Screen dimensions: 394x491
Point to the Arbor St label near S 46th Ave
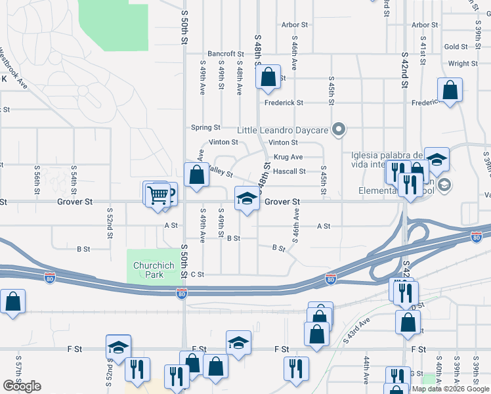click(295, 25)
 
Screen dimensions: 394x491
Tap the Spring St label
click(205, 127)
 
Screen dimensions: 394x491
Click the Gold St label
click(456, 47)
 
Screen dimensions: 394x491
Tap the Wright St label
click(463, 64)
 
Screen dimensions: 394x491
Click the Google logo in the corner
click(22, 386)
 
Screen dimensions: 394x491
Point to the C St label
click(198, 274)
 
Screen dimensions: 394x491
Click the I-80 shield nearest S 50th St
click(181, 294)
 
